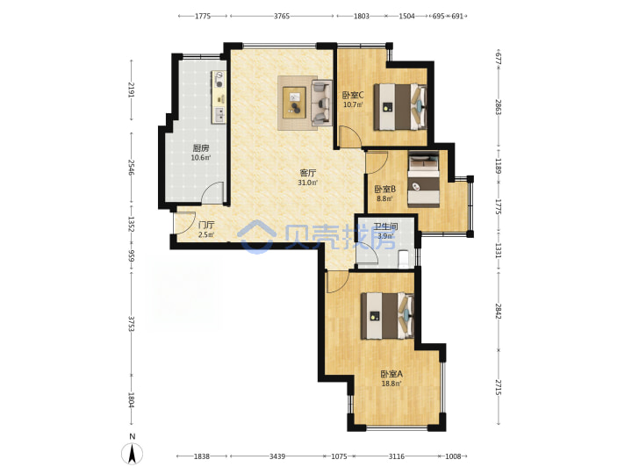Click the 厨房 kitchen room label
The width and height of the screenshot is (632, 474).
pyautogui.click(x=201, y=148)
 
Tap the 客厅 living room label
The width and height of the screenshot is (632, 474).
pyautogui.click(x=307, y=173)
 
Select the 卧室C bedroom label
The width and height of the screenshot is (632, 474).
pyautogui.click(x=353, y=96)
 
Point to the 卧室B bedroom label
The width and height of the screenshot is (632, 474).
pyautogui.click(x=385, y=189)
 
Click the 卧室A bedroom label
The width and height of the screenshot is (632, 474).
pyautogui.click(x=391, y=374)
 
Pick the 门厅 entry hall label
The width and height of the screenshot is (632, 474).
pyautogui.click(x=206, y=226)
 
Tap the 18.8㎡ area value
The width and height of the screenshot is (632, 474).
pyautogui.click(x=391, y=384)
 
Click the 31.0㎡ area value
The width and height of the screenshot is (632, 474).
pyautogui.click(x=307, y=183)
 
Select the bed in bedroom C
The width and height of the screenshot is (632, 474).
pyautogui.click(x=400, y=107)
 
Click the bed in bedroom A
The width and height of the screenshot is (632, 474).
pyautogui.click(x=387, y=316)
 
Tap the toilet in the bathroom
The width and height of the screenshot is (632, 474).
pyautogui.click(x=404, y=259)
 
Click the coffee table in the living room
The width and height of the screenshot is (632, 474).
pyautogui.click(x=294, y=103)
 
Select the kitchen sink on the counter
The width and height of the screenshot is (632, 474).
pyautogui.click(x=219, y=115)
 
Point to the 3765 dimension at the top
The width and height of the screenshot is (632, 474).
pyautogui.click(x=282, y=16)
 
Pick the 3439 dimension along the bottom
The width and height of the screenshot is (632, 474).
pyautogui.click(x=277, y=456)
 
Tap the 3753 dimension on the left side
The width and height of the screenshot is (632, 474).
pyautogui.click(x=131, y=323)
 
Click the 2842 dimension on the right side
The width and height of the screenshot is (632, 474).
pyautogui.click(x=499, y=311)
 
